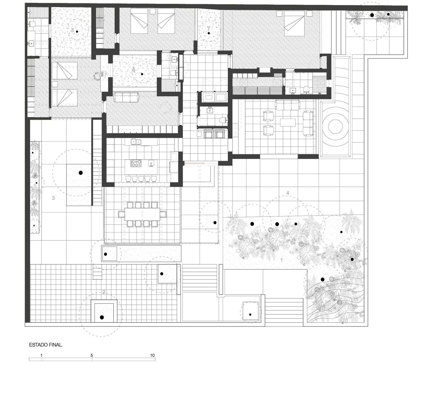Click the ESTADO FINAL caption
click(x=45, y=345)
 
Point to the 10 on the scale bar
click(x=152, y=355)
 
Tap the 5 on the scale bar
click(x=92, y=355)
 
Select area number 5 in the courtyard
click(x=73, y=30)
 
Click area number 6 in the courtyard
click(x=134, y=70)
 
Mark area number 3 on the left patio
click(x=53, y=198)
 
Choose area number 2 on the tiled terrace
click(x=104, y=292)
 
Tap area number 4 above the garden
click(x=288, y=193)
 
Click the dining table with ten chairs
click(x=142, y=214)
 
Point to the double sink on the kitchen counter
click(x=136, y=142)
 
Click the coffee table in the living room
click(x=288, y=122)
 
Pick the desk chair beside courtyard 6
click(x=97, y=76)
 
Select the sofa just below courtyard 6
click(x=126, y=97)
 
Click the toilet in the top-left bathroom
click(x=31, y=24)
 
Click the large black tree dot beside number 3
click(x=81, y=173)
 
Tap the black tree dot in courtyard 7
click(x=209, y=33)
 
